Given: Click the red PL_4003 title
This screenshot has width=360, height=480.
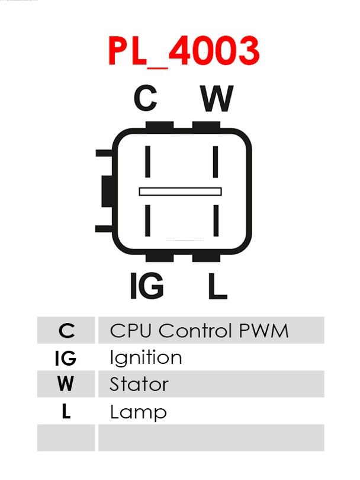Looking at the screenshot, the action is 184,52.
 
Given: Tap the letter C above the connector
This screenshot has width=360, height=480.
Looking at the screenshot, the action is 146,98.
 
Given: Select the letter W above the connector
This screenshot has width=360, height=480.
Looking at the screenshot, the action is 217,98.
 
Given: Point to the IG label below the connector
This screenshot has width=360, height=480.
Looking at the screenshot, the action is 147,286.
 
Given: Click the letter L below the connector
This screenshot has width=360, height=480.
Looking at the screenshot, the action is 218,286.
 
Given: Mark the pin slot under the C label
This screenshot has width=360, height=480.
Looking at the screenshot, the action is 148,162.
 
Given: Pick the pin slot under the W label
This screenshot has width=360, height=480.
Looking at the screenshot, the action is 216,162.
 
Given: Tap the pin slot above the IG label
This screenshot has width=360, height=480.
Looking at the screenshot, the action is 148,220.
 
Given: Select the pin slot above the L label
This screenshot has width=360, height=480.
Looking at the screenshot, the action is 216,220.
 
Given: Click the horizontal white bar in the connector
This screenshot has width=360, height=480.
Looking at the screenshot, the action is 180,191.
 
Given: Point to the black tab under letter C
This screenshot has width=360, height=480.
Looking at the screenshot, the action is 160,125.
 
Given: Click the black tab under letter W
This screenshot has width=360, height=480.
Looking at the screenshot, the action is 206,125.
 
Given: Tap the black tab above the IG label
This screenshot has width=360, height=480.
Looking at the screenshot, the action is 160,257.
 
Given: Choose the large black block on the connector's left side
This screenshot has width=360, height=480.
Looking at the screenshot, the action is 107,191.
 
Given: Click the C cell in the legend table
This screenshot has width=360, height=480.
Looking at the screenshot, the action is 66,330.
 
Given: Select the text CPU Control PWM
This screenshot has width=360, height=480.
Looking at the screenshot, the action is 199,331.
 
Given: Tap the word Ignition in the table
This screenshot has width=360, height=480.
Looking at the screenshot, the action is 146,357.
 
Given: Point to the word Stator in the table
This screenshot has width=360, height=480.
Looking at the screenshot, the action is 139,384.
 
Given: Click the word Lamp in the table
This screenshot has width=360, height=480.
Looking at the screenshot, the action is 138,412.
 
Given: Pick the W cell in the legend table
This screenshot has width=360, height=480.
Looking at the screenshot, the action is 66,384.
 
